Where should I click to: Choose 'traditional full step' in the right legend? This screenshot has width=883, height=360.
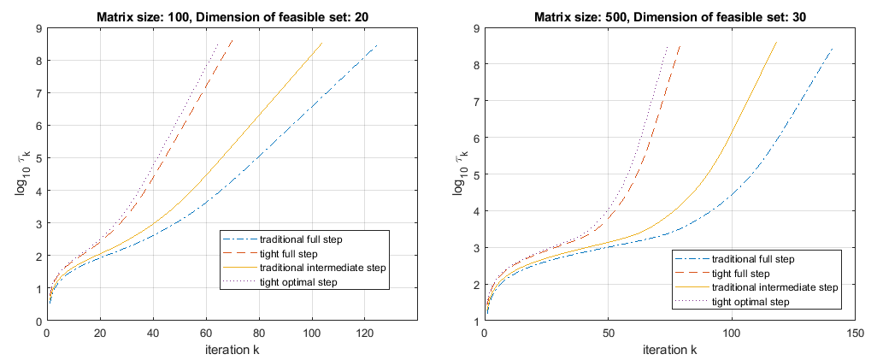751,260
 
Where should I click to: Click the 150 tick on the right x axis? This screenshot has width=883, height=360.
855,332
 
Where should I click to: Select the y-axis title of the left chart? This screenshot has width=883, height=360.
21,174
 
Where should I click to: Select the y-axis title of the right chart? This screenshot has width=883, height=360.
458,174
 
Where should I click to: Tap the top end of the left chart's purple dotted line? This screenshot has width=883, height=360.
217,43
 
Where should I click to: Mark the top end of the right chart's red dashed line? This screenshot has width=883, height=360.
680,45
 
